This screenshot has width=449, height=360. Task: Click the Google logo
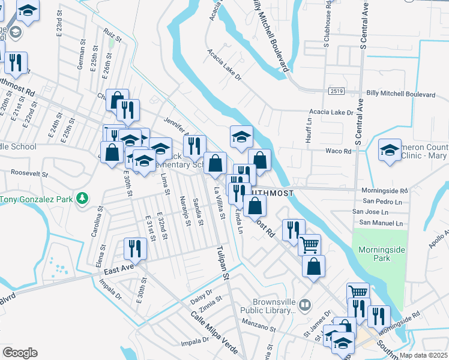20,353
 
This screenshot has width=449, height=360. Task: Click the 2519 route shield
337,90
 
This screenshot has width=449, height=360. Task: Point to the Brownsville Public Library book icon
306,305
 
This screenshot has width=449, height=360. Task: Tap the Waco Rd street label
338,151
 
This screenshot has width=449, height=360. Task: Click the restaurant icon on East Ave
135,248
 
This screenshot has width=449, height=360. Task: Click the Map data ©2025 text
424,355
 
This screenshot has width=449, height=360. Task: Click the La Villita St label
220,203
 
